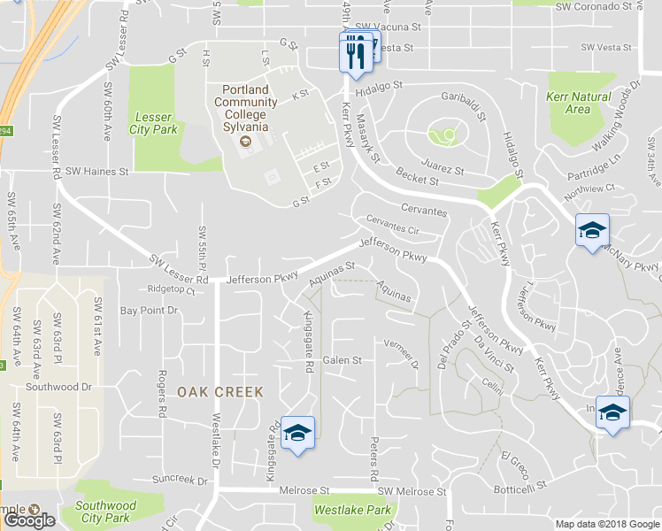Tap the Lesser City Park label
click(x=156, y=123)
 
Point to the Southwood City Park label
click(x=105, y=512)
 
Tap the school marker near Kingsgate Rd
click(x=298, y=433)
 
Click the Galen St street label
click(x=343, y=360)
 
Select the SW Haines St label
click(x=97, y=171)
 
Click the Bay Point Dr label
click(x=149, y=311)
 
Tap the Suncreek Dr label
click(x=180, y=481)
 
